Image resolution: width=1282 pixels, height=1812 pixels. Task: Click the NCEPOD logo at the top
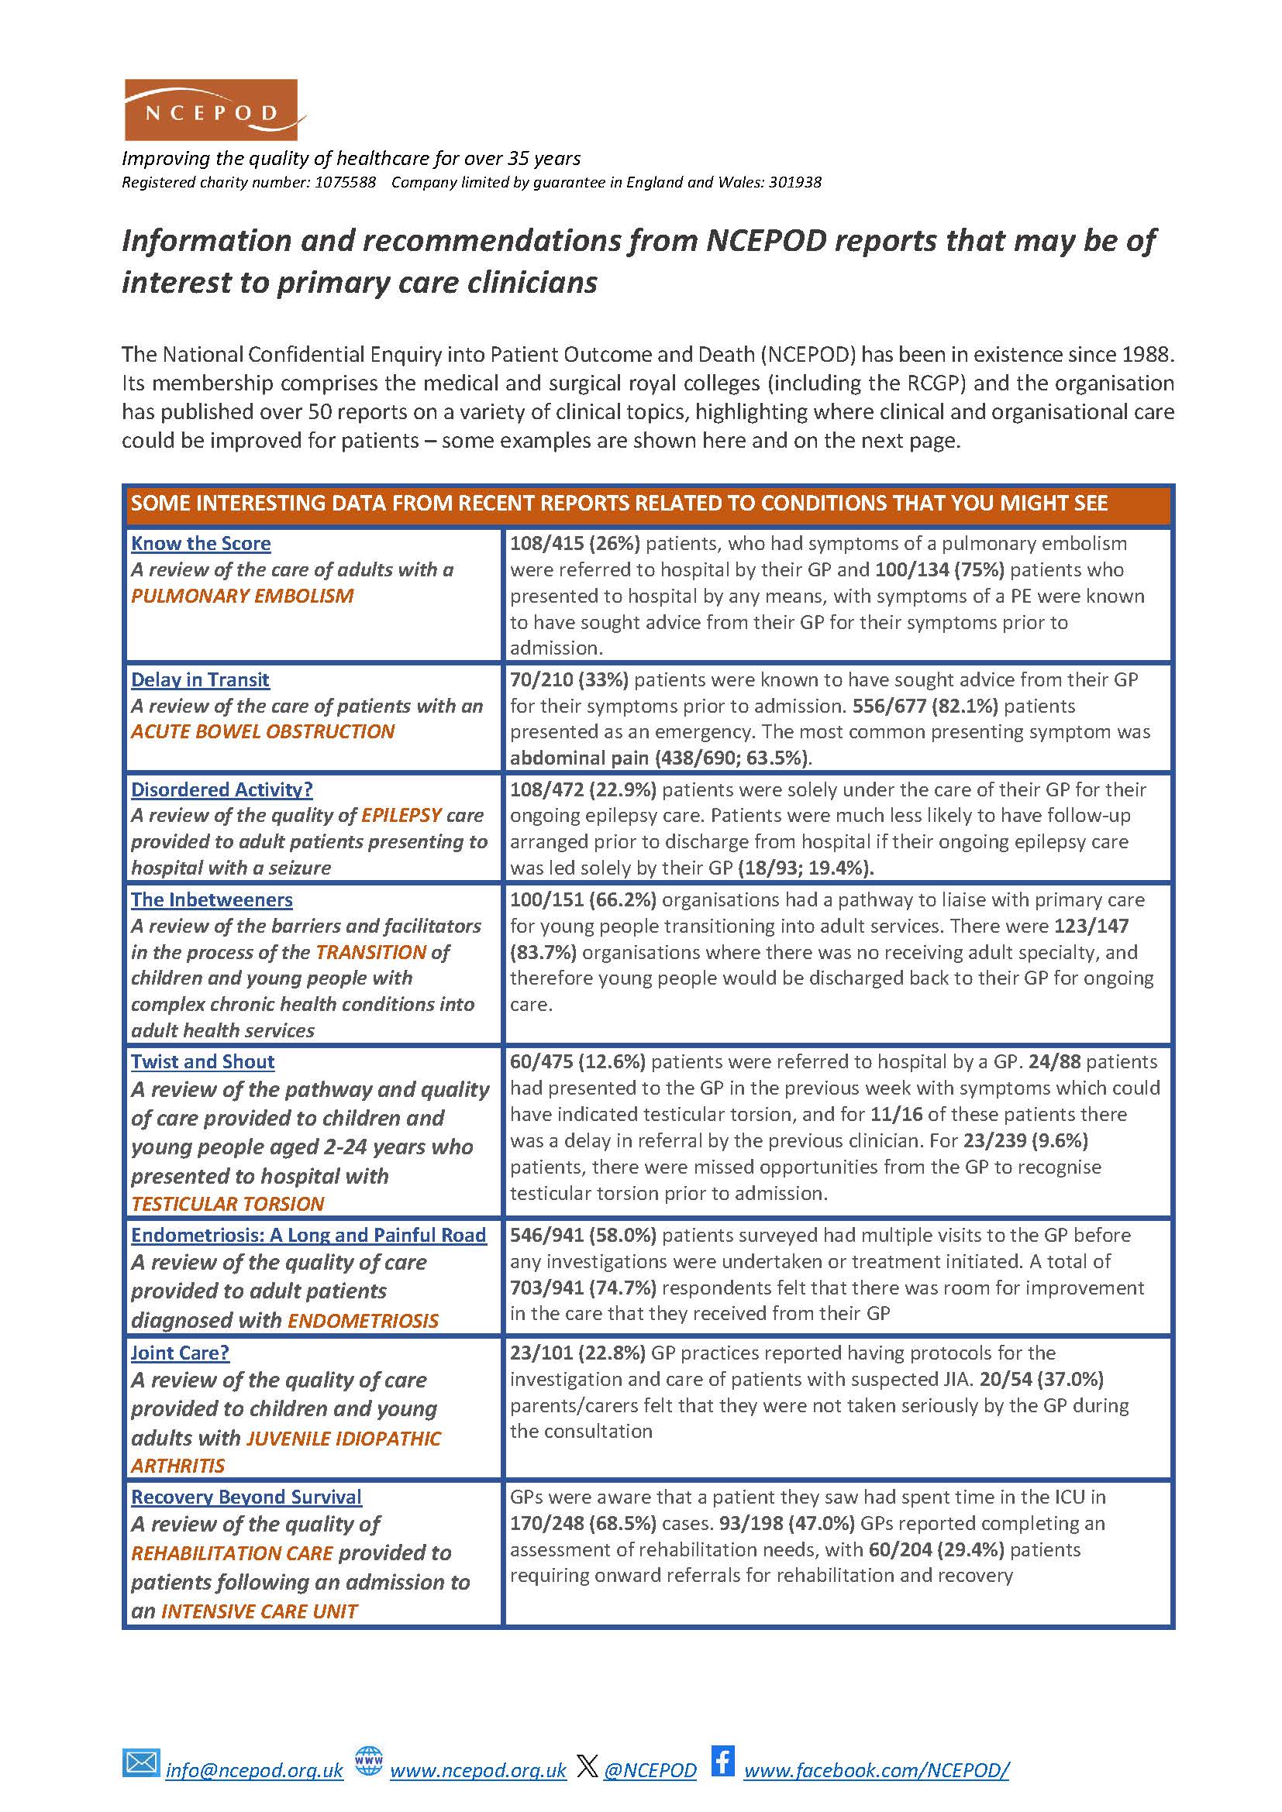[211, 110]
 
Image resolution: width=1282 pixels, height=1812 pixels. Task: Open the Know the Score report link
[201, 544]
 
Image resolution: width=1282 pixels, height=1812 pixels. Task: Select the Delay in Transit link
[200, 679]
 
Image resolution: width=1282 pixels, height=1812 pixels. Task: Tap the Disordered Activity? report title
[222, 789]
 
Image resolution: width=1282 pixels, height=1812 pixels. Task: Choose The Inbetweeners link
[212, 899]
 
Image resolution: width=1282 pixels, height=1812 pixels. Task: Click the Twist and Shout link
[203, 1061]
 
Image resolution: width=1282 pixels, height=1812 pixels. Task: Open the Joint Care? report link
[180, 1353]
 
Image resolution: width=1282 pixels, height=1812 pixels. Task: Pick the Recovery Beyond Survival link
[246, 1497]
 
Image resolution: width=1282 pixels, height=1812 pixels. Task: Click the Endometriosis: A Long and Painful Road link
[308, 1235]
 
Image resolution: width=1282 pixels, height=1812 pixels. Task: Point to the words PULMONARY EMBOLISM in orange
[243, 596]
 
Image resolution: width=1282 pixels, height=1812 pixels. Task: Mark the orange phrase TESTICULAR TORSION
[227, 1204]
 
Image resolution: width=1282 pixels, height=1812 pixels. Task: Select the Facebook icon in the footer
[722, 1762]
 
